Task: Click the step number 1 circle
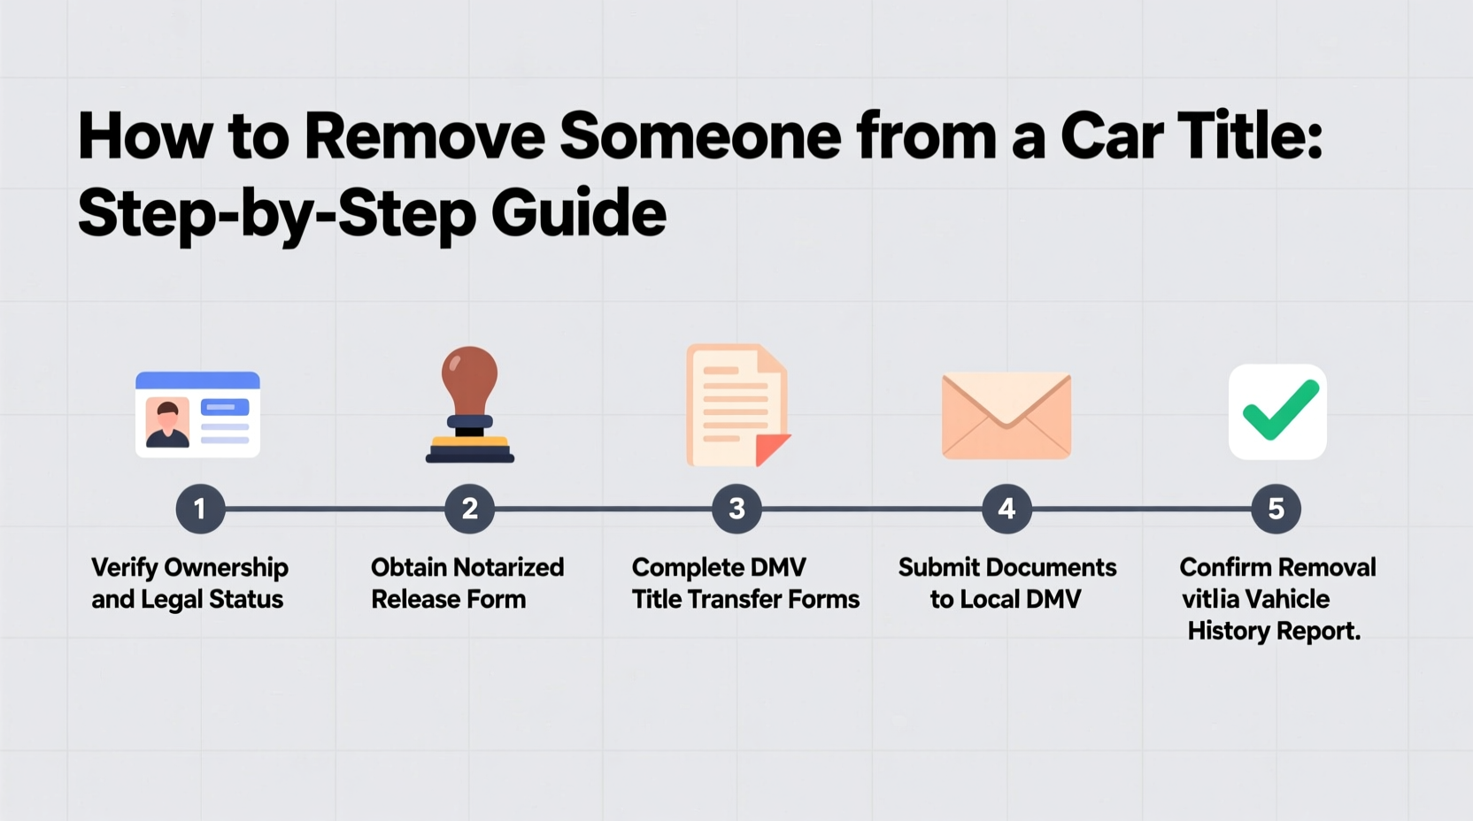[200, 509]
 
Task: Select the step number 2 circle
[469, 509]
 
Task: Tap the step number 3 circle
[736, 509]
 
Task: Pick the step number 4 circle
[1006, 509]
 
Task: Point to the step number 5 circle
[1276, 509]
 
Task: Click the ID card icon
[197, 414]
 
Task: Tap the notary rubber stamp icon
[470, 404]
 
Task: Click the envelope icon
[1006, 415]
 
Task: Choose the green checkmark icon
[1277, 411]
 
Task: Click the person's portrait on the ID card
[167, 422]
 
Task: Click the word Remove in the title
[424, 136]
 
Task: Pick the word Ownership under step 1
[227, 568]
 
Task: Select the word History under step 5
[1227, 631]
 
